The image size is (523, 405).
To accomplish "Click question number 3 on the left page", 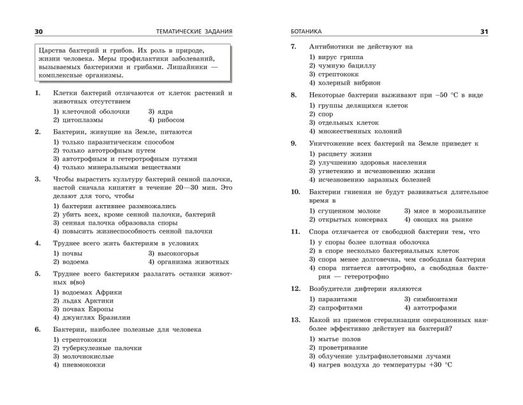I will point(38,179).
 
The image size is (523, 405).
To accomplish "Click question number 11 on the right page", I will point(295,232).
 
